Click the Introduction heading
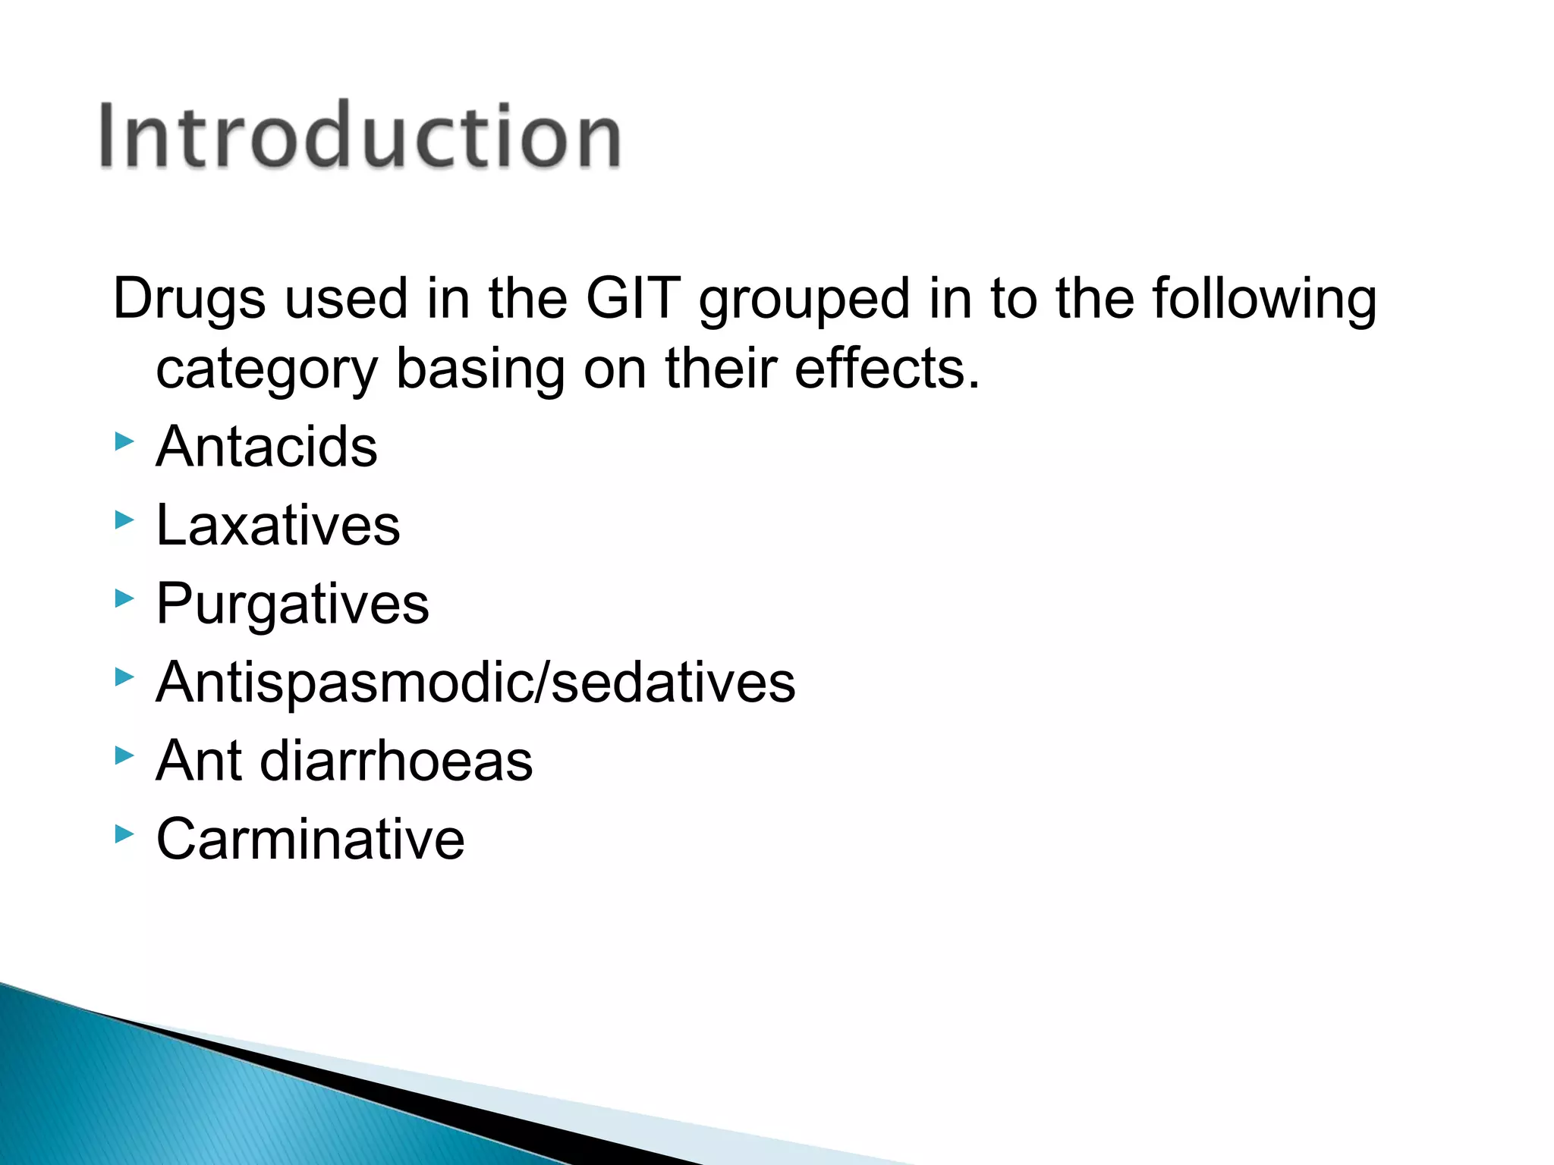(x=360, y=137)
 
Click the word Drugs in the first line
(x=189, y=298)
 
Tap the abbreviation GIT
(x=633, y=298)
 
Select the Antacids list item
(x=266, y=447)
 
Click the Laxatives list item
(x=278, y=525)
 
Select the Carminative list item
(x=310, y=839)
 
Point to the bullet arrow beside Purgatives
(x=124, y=599)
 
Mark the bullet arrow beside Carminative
(x=124, y=834)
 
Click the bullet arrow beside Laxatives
(x=124, y=520)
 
